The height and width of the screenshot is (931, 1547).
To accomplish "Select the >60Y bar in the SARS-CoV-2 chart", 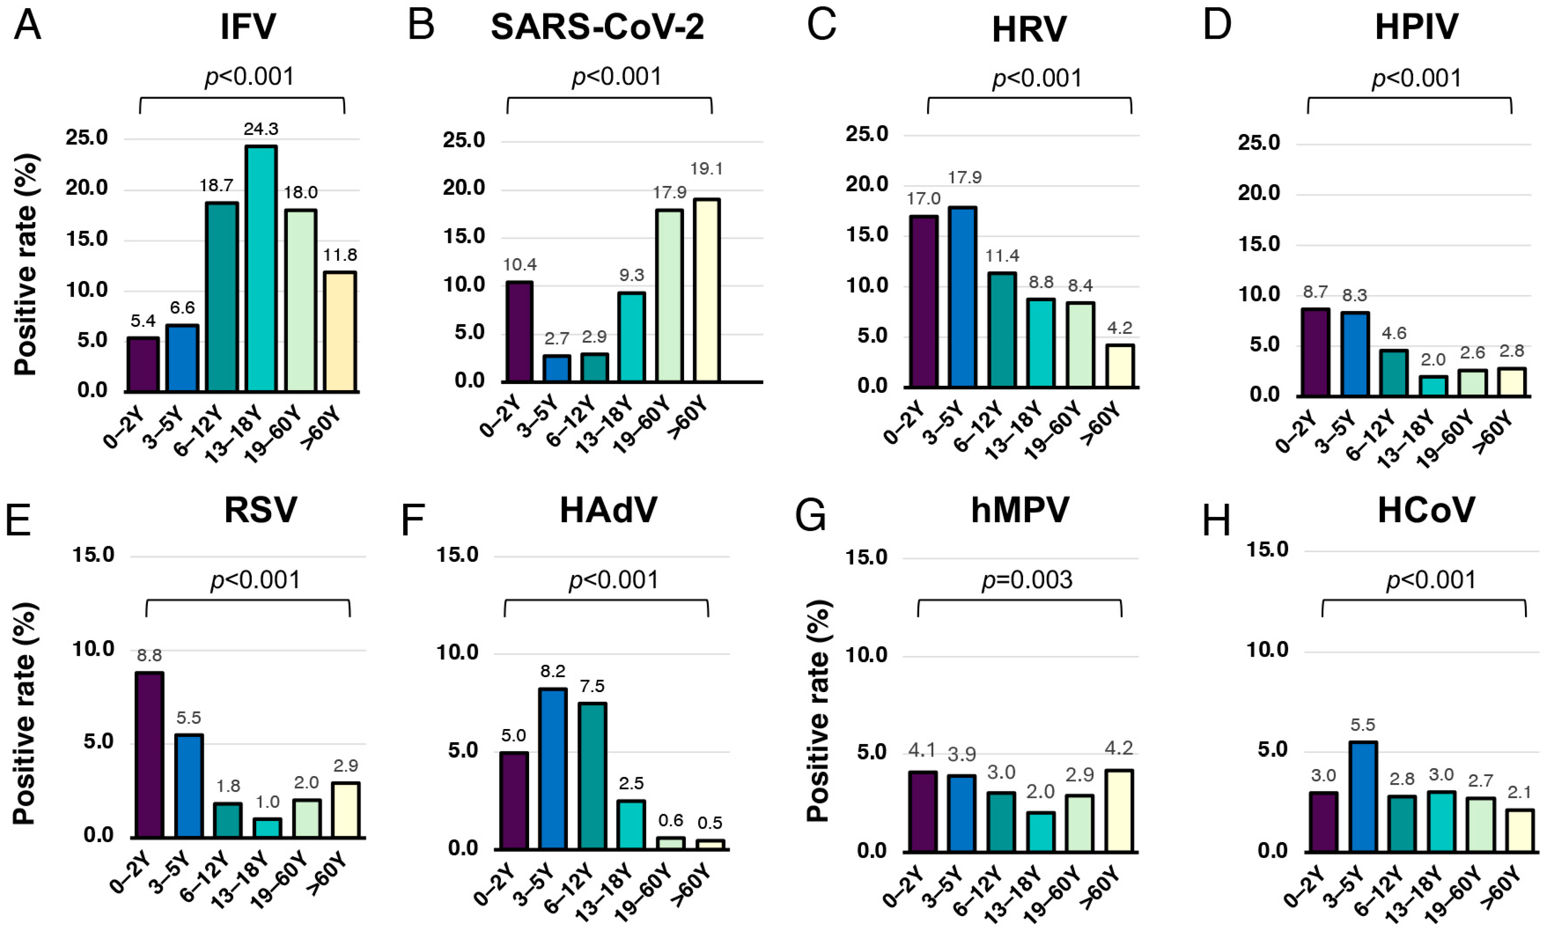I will tap(706, 290).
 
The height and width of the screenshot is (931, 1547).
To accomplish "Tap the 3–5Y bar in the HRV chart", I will tap(962, 296).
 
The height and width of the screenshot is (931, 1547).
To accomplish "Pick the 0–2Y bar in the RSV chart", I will tap(149, 754).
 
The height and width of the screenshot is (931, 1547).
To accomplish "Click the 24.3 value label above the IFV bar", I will tap(261, 129).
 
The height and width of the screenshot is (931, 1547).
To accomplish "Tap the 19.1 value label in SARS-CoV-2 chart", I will tap(706, 169).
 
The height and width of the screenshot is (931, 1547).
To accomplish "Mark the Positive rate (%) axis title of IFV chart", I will tap(27, 265).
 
